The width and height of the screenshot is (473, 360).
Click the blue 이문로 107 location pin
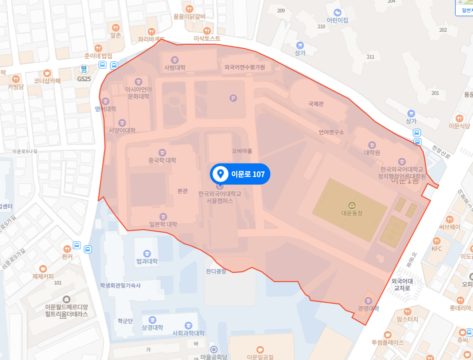click(221, 174)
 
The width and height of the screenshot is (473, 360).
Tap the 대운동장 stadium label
click(352, 213)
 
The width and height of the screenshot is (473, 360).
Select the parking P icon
click(233, 99)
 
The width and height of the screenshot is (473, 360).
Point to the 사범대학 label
click(174, 67)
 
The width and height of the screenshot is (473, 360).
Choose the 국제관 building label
click(316, 104)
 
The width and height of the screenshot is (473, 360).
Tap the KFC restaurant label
click(436, 249)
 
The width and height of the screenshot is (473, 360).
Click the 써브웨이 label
click(450, 227)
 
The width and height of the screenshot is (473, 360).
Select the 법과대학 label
click(147, 261)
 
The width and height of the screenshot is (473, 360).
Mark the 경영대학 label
click(369, 308)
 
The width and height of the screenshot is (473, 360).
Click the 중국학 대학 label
click(162, 160)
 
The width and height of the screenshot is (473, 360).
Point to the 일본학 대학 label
click(163, 224)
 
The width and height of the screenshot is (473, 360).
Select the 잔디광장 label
click(216, 271)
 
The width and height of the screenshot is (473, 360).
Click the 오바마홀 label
click(242, 151)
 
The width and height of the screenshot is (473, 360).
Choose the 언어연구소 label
click(331, 132)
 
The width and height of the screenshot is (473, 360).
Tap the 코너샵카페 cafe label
click(47, 80)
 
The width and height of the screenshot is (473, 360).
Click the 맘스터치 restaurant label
click(407, 319)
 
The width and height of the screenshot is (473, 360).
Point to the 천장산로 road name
click(440, 153)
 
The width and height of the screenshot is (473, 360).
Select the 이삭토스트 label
click(207, 38)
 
